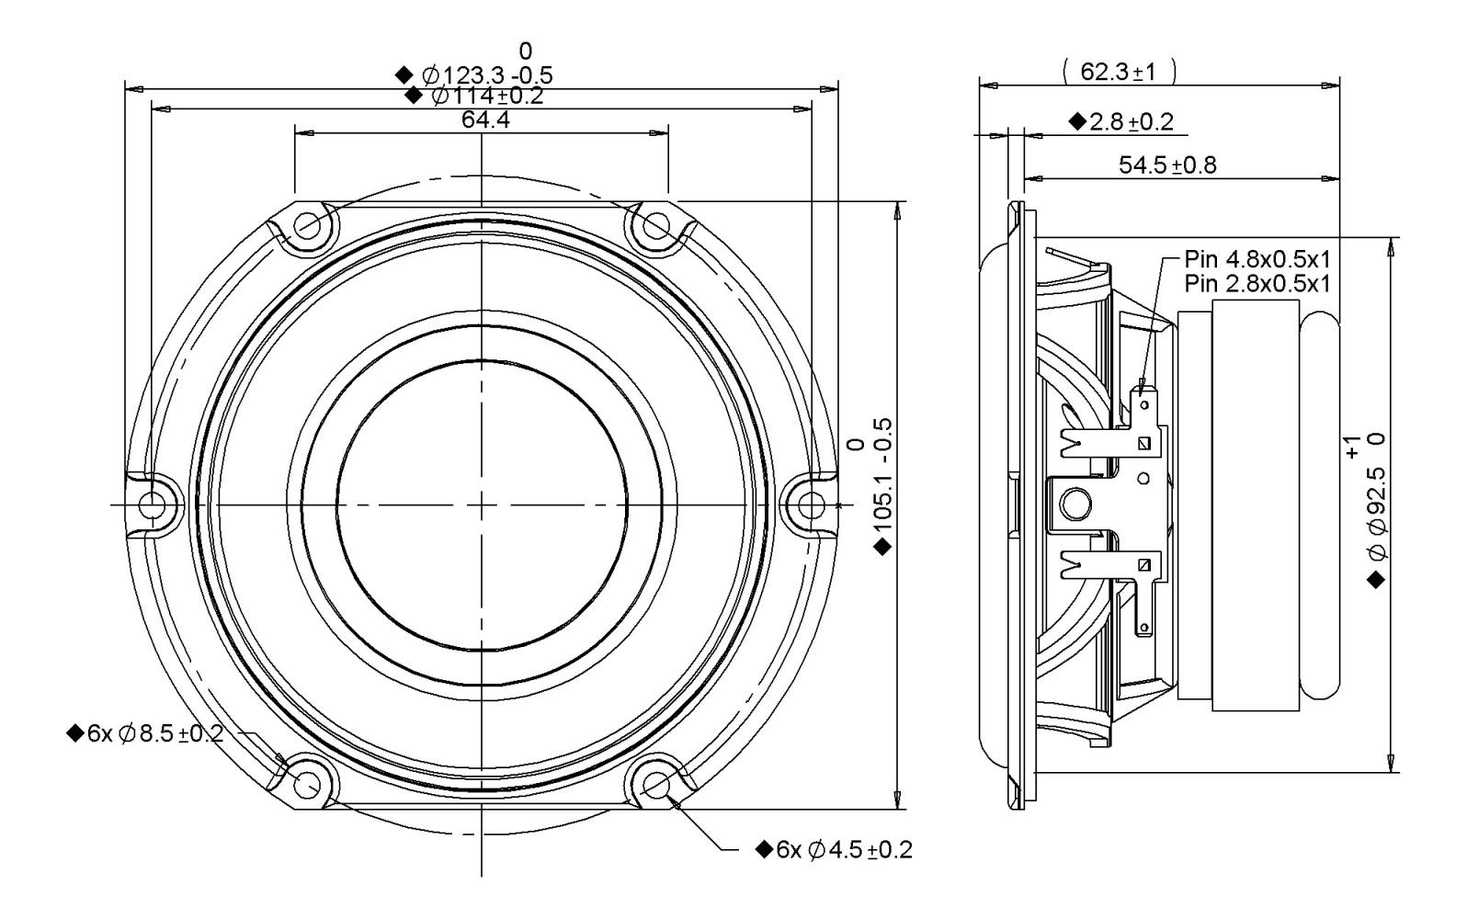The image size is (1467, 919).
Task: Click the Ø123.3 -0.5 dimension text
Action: point(486,74)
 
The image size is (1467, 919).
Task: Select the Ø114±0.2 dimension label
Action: point(488,96)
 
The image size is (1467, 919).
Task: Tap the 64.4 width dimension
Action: point(485,119)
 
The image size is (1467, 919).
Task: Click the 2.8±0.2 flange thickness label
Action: point(1131,121)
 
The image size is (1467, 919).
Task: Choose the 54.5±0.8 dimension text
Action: point(1167,165)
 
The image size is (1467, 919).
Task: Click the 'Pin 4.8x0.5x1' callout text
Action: point(1257,260)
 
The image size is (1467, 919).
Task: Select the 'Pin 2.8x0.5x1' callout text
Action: point(1257,284)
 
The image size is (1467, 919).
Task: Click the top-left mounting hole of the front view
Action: point(306,226)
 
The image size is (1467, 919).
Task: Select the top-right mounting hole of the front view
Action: point(656,226)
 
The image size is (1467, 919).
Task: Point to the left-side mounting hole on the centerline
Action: point(153,505)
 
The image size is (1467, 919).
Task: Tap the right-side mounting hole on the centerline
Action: point(812,505)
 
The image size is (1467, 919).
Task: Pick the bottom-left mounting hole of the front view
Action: point(306,784)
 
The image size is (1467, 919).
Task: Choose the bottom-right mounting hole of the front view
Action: point(656,784)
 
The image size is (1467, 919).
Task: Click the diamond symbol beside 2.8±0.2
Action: point(1077,121)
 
